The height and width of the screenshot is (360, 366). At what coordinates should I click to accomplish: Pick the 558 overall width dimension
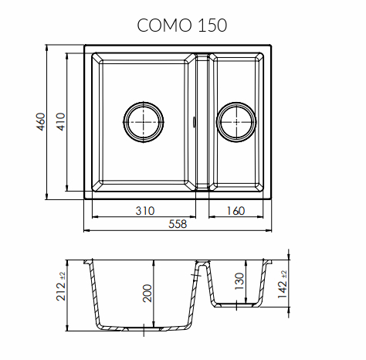pyautogui.click(x=178, y=225)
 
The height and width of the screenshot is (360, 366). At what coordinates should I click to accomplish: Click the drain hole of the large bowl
pyautogui.click(x=144, y=122)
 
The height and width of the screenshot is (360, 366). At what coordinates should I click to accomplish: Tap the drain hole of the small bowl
pyautogui.click(x=236, y=122)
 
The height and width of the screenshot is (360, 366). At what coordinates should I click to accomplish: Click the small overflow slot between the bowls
pyautogui.click(x=195, y=121)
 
